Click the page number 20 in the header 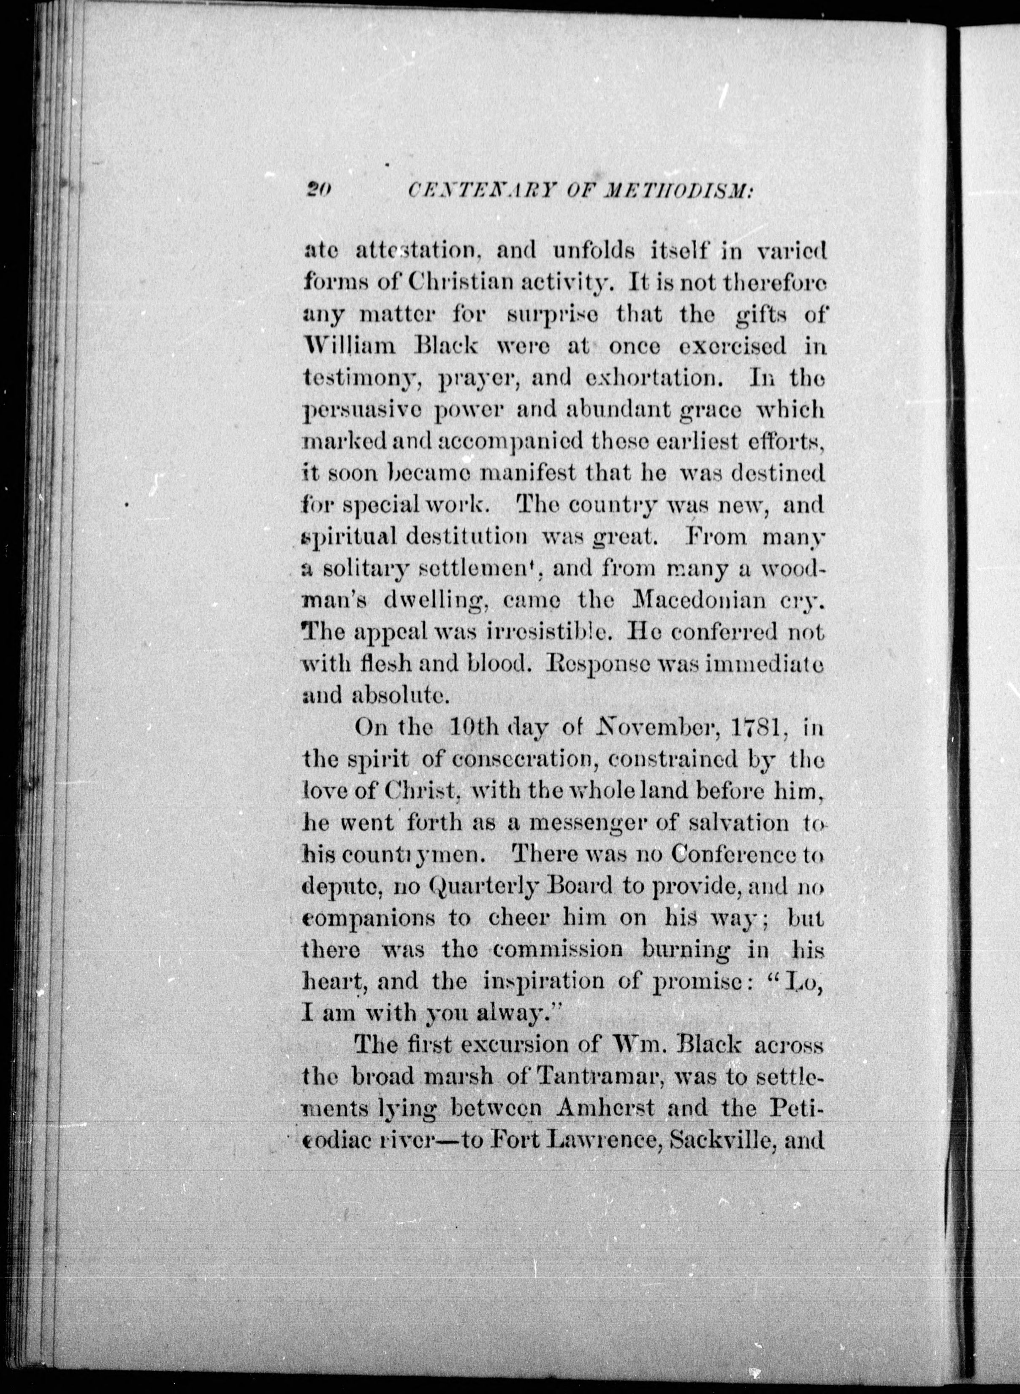coord(319,191)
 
